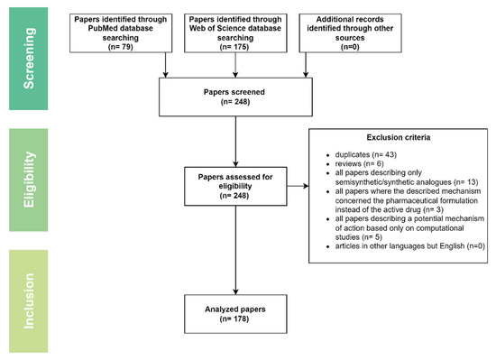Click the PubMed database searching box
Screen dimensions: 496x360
click(121, 32)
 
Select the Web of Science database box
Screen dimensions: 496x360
click(235, 32)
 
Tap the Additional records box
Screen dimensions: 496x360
click(350, 32)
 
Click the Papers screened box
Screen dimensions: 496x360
click(235, 97)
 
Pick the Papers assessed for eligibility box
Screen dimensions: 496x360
click(235, 187)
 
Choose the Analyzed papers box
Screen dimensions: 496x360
click(235, 314)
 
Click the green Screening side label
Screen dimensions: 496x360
click(29, 59)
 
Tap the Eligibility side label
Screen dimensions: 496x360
click(29, 180)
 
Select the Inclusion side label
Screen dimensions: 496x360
click(29, 300)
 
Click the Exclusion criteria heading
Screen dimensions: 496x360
click(399, 137)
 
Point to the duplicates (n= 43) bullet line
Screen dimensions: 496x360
click(365, 154)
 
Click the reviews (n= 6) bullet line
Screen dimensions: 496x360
click(359, 163)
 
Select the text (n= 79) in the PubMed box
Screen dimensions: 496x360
click(121, 47)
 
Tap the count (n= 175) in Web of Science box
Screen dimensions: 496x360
click(234, 47)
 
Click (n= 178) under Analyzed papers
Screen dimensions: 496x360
click(234, 318)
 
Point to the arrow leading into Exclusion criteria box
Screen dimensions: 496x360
click(298, 186)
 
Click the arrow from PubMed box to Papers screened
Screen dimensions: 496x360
click(165, 65)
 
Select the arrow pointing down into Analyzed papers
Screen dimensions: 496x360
click(235, 250)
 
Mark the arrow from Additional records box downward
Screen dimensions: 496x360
click(306, 65)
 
